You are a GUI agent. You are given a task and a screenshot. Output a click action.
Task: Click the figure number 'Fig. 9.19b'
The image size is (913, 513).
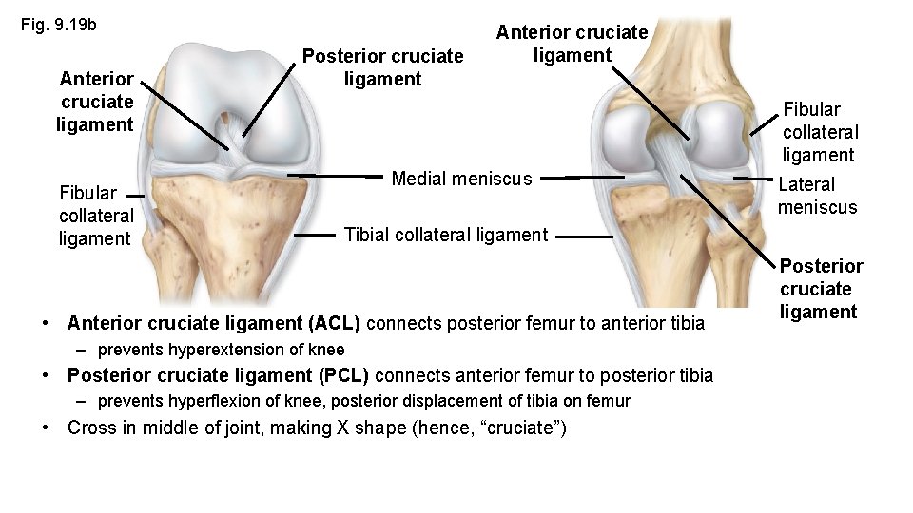(x=59, y=24)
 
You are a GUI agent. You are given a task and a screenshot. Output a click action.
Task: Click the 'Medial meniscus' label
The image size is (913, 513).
(x=463, y=178)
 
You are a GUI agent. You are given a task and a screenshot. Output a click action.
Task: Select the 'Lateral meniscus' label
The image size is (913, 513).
(x=817, y=196)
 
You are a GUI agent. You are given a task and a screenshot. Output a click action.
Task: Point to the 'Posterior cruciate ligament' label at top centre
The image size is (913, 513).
(x=383, y=67)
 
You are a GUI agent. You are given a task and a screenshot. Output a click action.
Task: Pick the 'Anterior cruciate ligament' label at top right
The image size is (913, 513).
(x=572, y=44)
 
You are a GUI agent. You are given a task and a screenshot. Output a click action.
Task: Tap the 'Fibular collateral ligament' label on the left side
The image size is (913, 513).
(x=94, y=216)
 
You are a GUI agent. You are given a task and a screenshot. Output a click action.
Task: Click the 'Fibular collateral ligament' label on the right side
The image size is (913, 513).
(x=820, y=132)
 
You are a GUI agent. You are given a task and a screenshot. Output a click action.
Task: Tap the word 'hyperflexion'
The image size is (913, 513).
(x=220, y=401)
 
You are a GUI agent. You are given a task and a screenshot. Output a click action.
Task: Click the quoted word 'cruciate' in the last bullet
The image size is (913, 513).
(x=522, y=428)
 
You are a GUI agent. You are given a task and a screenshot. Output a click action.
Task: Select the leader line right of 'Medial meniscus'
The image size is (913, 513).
(x=589, y=177)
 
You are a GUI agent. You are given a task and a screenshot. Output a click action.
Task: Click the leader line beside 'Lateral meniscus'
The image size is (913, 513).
(x=750, y=180)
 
